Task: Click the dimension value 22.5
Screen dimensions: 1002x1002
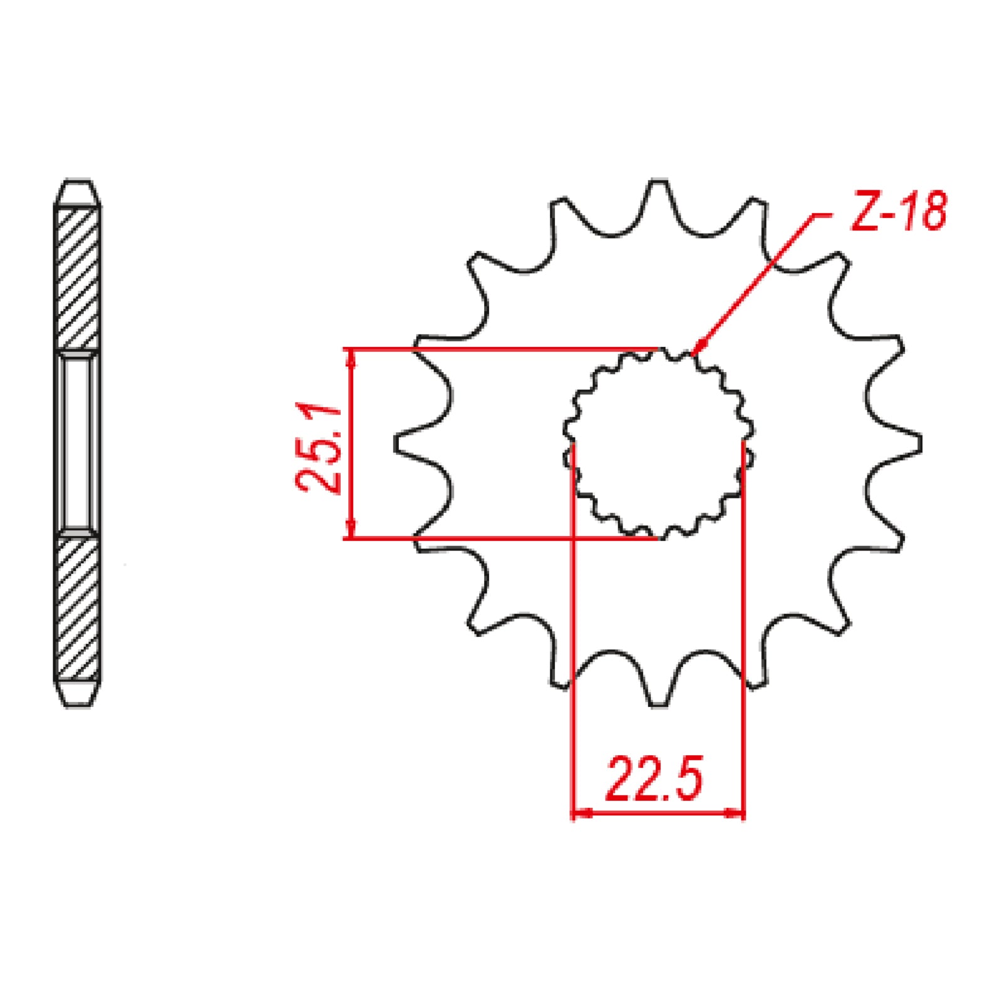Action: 654,780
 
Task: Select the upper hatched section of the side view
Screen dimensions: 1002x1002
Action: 78,279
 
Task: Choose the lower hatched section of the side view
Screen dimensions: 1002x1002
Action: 78,607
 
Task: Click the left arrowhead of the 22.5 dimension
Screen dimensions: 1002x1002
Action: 582,813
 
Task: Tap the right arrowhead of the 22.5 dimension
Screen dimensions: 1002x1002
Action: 734,813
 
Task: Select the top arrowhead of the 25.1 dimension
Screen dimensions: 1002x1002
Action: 351,358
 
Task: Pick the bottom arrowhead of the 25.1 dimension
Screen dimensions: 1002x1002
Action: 351,529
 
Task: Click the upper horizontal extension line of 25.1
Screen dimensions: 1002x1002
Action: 501,348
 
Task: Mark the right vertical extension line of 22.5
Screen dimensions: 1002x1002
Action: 743,626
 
